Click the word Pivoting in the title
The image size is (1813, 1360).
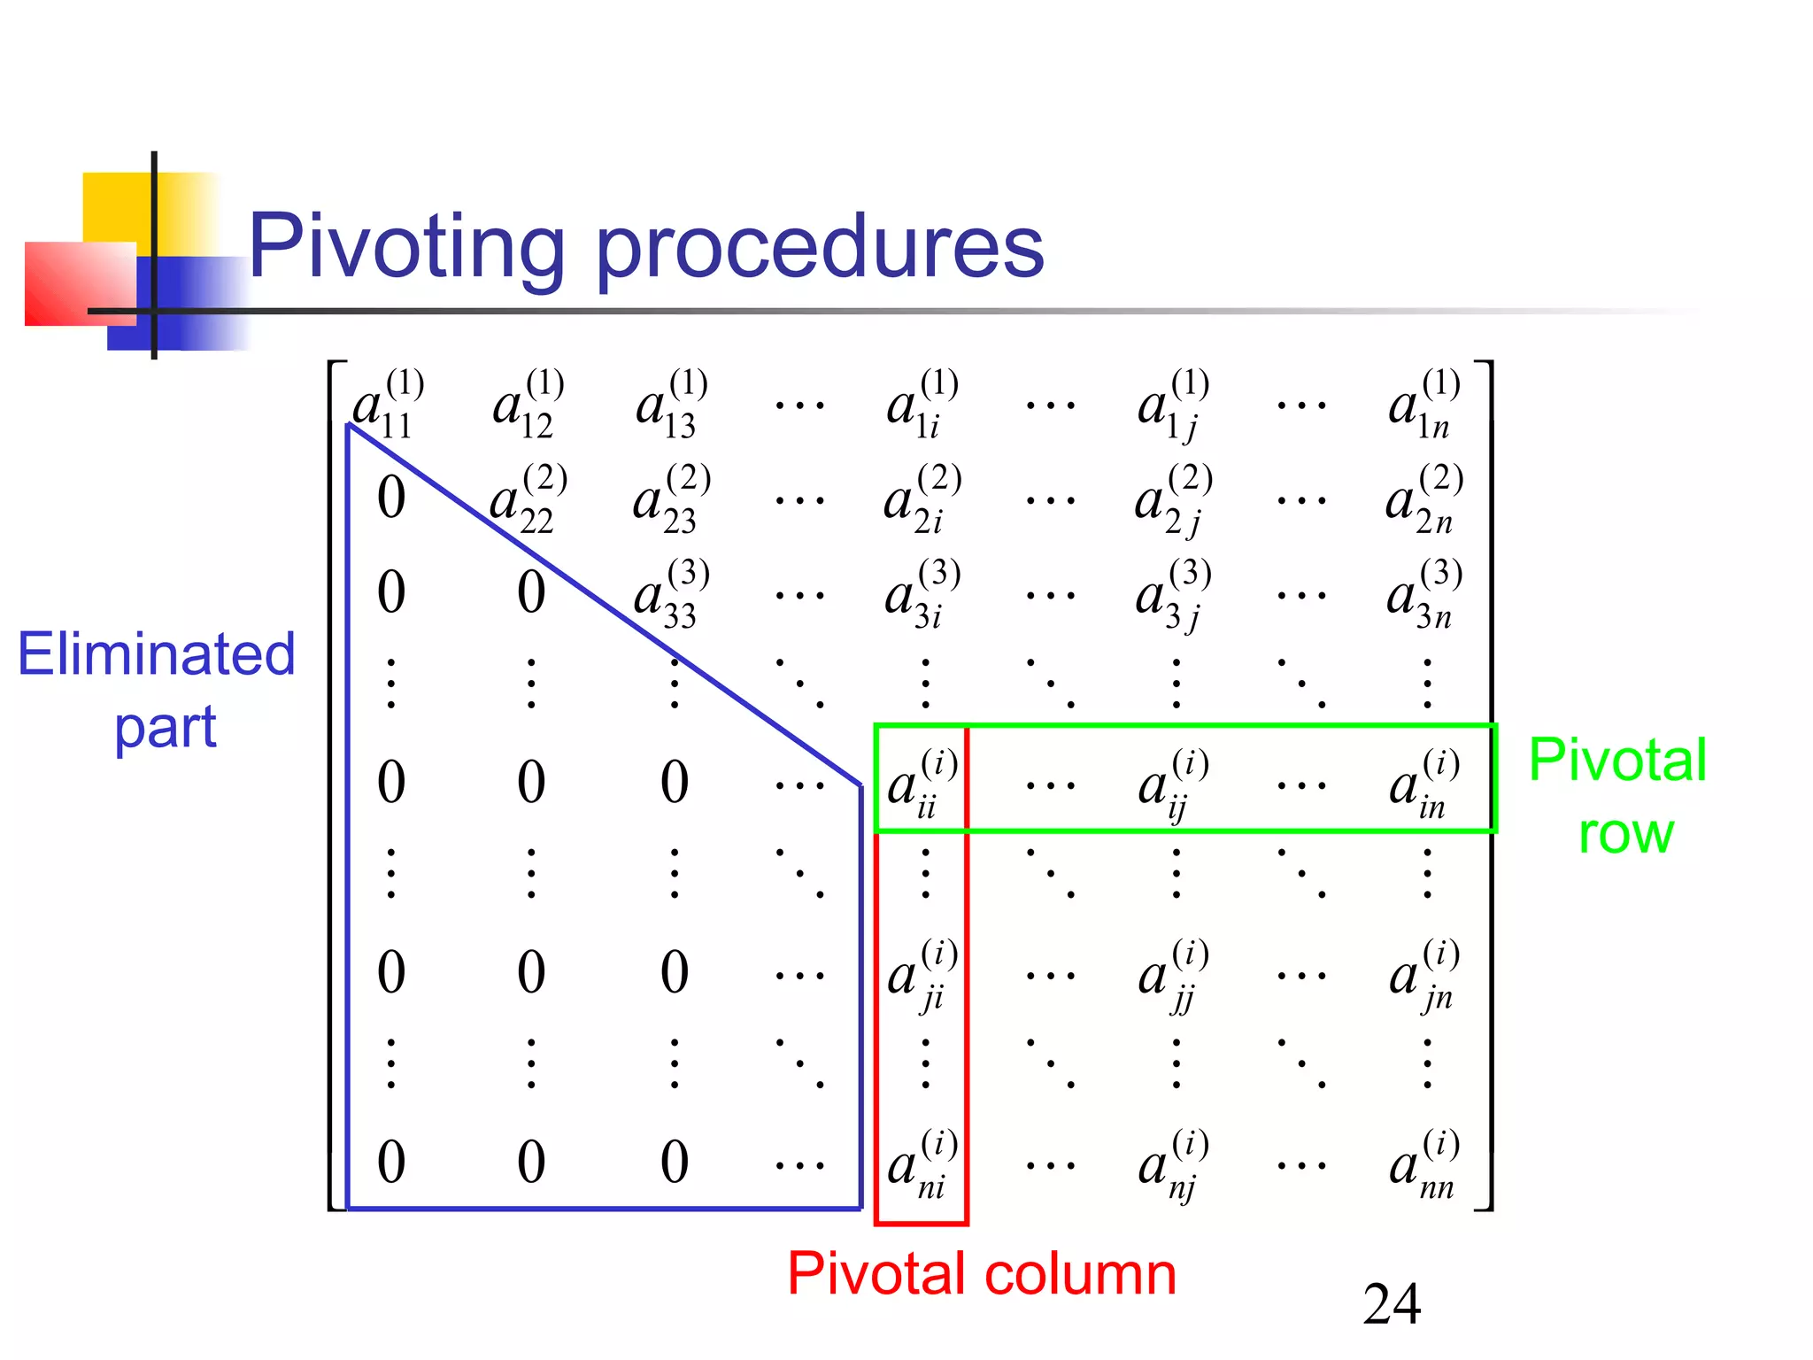[405, 248]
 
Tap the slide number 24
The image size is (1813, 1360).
[1392, 1303]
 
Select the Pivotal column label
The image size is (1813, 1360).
[981, 1274]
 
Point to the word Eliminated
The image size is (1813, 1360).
[157, 654]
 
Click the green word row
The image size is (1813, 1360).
[1625, 833]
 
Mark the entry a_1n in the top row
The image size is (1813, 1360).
[1423, 406]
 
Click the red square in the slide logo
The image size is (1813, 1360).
[80, 283]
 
